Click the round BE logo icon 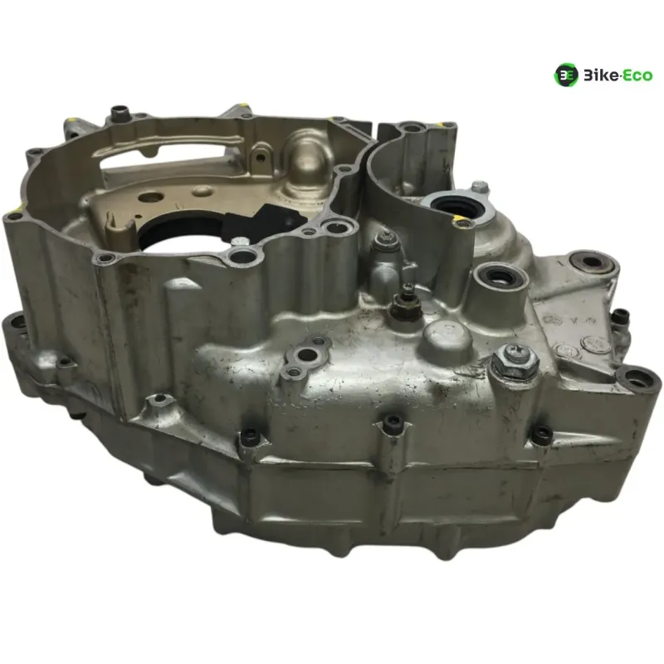click(566, 76)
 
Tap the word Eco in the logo click(637, 76)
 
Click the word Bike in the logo click(601, 76)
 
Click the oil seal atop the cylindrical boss click(500, 277)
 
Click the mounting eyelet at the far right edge click(638, 378)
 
